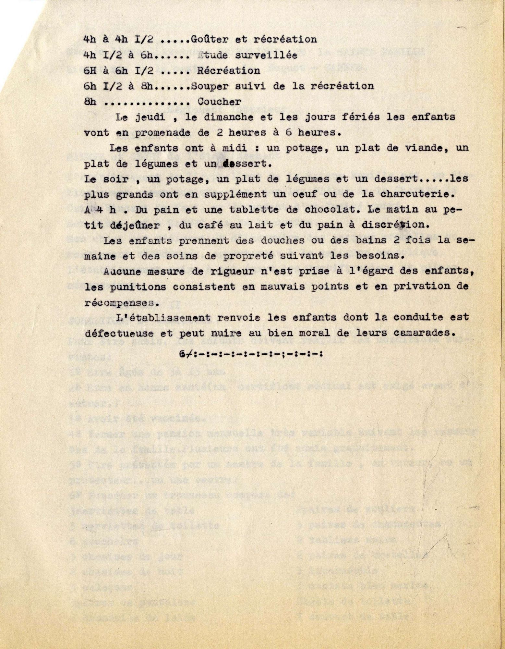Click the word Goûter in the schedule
tap(207, 40)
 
